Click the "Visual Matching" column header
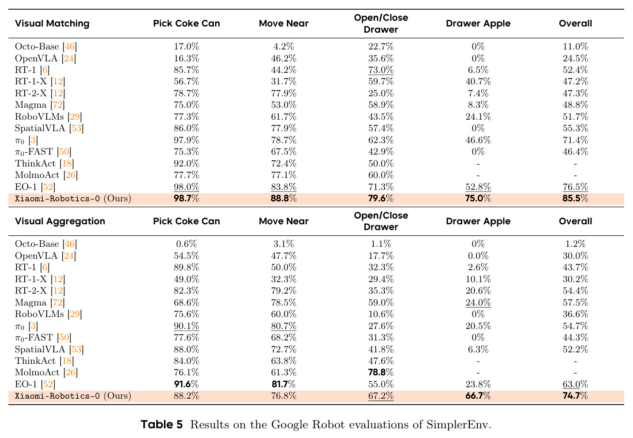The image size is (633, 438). click(52, 23)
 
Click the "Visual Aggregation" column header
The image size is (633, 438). click(60, 221)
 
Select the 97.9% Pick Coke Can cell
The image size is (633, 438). click(187, 140)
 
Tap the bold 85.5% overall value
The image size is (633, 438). click(575, 198)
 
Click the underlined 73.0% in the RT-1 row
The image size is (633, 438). click(381, 70)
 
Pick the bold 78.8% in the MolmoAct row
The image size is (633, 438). click(381, 372)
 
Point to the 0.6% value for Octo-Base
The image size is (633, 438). click(187, 244)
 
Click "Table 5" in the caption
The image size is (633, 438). click(161, 424)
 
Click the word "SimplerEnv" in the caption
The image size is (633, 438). click(458, 424)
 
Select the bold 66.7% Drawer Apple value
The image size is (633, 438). click(478, 395)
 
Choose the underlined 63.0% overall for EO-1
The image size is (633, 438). click(575, 384)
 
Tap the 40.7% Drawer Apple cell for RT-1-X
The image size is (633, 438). click(478, 81)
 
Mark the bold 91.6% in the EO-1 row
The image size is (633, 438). click(187, 384)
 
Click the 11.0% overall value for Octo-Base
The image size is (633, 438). click(575, 46)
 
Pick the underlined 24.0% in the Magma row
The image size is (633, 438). click(478, 302)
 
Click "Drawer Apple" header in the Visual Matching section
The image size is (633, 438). click(478, 23)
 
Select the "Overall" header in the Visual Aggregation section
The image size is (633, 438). click(575, 221)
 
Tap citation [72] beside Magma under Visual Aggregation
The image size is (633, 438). click(58, 302)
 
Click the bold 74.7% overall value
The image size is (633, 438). click(575, 395)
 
